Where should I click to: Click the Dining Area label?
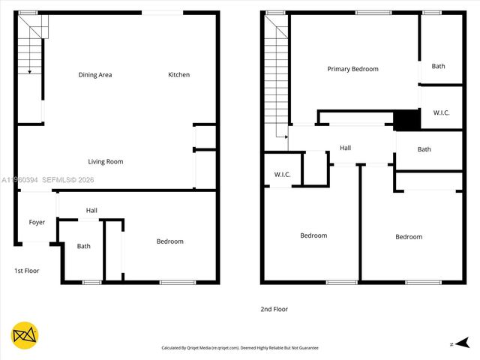(95, 75)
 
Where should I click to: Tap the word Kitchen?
(178, 75)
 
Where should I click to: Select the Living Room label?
(106, 162)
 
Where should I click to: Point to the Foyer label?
(37, 223)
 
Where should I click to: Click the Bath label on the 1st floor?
(83, 246)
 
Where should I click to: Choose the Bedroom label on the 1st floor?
(169, 241)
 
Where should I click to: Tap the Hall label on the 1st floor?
(91, 211)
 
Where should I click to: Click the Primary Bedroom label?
(352, 69)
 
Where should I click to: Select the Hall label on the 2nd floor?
(345, 148)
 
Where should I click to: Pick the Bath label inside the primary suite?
(438, 67)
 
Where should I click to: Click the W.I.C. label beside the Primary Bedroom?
(441, 113)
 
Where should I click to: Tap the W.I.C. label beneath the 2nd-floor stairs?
(282, 175)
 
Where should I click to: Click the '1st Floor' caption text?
(26, 271)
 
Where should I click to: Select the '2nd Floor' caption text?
(274, 309)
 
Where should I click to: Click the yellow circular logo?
(25, 335)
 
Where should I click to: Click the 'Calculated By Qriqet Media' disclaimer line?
(240, 348)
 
